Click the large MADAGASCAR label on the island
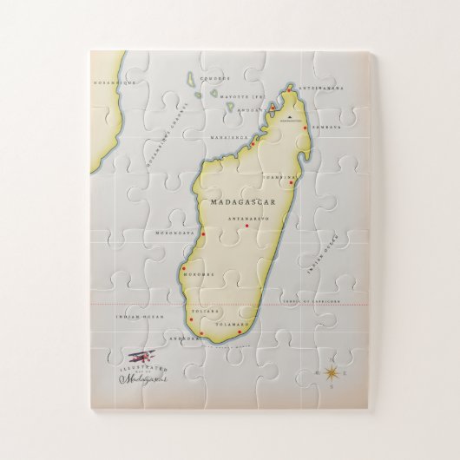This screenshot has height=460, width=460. point(237,201)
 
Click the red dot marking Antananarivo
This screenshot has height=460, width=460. point(247,227)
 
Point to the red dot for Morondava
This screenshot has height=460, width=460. point(202,234)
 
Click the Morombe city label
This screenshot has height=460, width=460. point(198,275)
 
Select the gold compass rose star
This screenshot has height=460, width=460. point(332,373)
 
